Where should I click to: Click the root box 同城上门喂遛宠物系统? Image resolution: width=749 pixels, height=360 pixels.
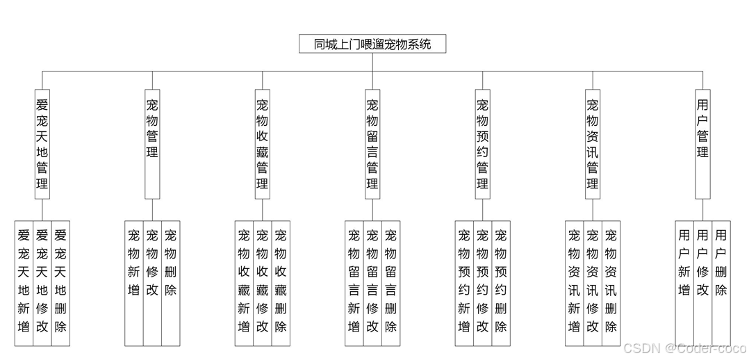tap(372, 44)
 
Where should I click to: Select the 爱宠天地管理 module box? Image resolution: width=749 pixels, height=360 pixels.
tap(42, 144)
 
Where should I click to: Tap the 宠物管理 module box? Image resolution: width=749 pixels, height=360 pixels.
tap(152, 144)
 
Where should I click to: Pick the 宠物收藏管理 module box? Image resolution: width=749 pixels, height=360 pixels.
tap(262, 144)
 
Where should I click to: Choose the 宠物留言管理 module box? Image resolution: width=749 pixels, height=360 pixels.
tap(372, 144)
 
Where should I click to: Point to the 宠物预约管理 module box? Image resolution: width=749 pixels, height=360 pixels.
tap(482, 144)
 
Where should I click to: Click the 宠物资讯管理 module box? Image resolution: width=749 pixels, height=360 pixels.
tap(592, 144)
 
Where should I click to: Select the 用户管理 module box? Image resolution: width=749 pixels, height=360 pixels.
tap(702, 144)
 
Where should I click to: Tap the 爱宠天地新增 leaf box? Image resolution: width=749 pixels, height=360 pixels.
tap(24, 283)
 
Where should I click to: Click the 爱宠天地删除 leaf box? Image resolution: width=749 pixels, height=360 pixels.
tap(61, 283)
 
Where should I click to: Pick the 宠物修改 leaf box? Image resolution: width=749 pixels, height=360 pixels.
tap(152, 283)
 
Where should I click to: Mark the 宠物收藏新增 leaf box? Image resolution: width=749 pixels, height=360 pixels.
tap(244, 283)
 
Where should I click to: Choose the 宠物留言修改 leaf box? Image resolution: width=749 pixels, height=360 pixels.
tap(372, 283)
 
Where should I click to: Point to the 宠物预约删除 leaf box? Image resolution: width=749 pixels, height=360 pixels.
tap(501, 283)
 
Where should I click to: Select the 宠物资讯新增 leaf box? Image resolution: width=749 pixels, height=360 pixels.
tap(574, 283)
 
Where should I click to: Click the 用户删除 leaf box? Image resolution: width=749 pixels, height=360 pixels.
tap(721, 283)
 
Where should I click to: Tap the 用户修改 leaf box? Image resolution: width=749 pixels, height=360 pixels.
tap(702, 283)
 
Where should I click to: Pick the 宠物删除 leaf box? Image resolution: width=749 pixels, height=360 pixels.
tap(171, 283)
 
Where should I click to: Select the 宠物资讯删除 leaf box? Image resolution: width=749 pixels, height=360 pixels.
tap(611, 283)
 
